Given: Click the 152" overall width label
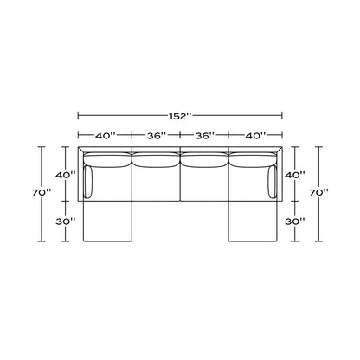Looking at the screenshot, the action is pos(180,116).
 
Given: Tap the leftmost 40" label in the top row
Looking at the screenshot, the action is pos(106,135).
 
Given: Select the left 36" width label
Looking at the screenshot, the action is pos(157,135).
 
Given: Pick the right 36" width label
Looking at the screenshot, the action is pos(205,135).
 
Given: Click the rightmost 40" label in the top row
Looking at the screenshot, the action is pos(255,135).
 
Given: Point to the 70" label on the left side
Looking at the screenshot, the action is pos(42,193).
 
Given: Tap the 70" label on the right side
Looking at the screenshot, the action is pos(318,193).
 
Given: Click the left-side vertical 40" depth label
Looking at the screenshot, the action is pos(66,175).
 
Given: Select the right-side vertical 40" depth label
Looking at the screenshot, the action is pos(295,175).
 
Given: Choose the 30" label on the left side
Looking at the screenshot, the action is pos(66,222).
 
